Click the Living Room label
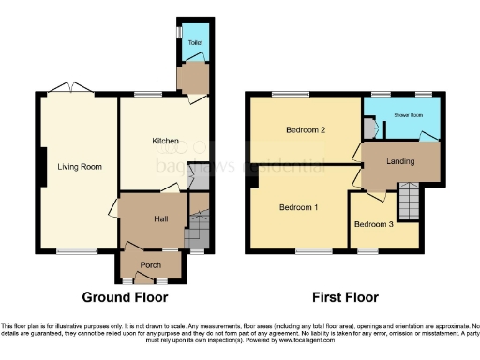(x=79, y=167)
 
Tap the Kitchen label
(x=166, y=141)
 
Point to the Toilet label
(x=194, y=42)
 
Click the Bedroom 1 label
(x=298, y=207)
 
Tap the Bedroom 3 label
(x=371, y=224)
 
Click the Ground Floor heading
(x=125, y=298)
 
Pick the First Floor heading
(x=347, y=298)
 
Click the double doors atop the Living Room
(x=71, y=89)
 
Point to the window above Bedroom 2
(x=286, y=94)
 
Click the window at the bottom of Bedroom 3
(x=367, y=251)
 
